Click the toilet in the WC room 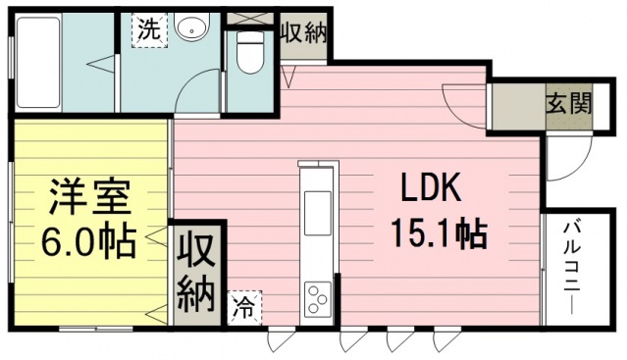pyautogui.click(x=250, y=52)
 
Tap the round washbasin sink pyautogui.click(x=192, y=26)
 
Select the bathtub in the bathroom pyautogui.click(x=38, y=62)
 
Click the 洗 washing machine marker pyautogui.click(x=149, y=30)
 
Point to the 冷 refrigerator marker pyautogui.click(x=244, y=307)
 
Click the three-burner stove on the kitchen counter pyautogui.click(x=318, y=299)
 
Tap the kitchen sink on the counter pyautogui.click(x=318, y=214)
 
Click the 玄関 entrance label pyautogui.click(x=569, y=106)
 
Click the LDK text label pyautogui.click(x=432, y=188)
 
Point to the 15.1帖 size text pyautogui.click(x=439, y=233)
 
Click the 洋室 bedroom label pyautogui.click(x=90, y=196)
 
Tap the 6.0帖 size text pyautogui.click(x=88, y=242)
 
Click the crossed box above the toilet pyautogui.click(x=250, y=19)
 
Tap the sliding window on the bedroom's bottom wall pyautogui.click(x=96, y=330)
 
